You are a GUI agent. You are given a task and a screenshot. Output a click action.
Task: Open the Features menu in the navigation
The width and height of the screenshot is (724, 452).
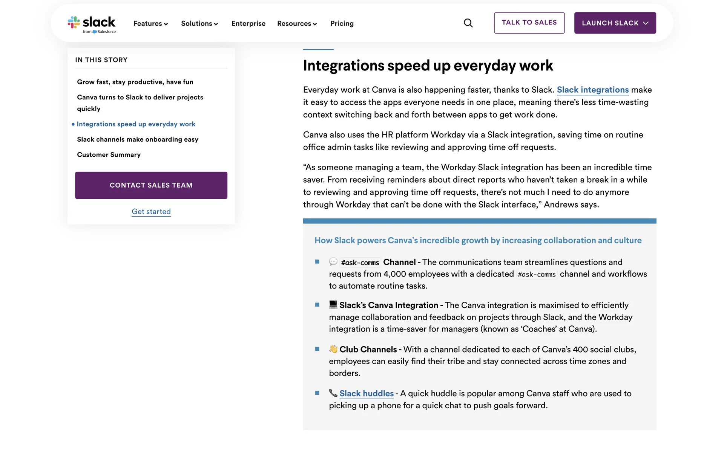coord(150,24)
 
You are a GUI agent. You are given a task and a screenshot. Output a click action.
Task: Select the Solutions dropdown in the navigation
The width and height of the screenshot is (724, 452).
coord(199,24)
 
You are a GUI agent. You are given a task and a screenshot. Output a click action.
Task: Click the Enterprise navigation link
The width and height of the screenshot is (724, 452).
coord(248,24)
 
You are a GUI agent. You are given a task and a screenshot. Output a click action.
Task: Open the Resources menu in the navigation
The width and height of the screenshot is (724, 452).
coord(297,24)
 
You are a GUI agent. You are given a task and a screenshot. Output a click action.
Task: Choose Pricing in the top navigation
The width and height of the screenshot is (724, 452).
coord(342,24)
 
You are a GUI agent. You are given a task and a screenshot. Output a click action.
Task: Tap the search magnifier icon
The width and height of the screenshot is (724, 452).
coord(468,23)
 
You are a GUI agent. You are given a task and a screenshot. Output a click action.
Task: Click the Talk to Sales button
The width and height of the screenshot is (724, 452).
coord(529,23)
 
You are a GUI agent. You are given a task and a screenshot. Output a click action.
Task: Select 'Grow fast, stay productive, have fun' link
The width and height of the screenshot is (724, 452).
coord(135,82)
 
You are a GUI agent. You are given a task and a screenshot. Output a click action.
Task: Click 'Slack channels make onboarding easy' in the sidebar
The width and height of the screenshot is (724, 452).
coord(138,139)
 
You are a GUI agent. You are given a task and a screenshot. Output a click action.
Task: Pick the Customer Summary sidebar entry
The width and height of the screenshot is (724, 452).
coord(109,155)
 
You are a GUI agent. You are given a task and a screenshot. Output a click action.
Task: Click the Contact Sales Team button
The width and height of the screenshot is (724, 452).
coord(151,185)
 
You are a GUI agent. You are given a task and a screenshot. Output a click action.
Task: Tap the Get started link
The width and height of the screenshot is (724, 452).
coord(151,212)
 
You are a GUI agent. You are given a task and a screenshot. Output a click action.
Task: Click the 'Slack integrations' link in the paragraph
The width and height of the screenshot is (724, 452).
coord(592,90)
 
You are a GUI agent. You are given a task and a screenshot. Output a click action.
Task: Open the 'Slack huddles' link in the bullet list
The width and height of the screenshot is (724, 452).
coord(366,394)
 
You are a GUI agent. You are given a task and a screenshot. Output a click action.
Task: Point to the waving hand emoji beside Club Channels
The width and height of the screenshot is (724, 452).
coord(333,349)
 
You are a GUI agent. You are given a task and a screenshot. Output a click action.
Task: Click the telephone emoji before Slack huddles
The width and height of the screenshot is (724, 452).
coord(333,393)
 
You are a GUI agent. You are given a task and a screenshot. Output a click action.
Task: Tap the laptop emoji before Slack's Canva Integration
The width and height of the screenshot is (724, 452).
coord(333,305)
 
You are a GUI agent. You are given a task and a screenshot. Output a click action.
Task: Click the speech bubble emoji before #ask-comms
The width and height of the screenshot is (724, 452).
coord(333,262)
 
